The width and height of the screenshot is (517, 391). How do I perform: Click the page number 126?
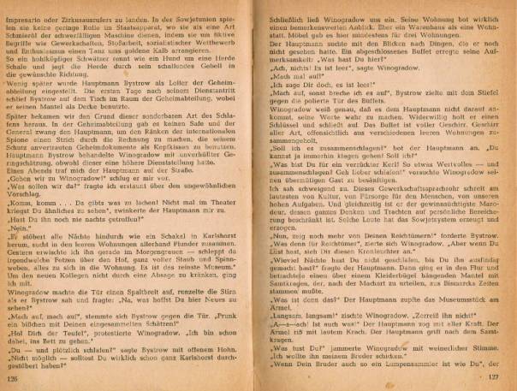tap(13, 376)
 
